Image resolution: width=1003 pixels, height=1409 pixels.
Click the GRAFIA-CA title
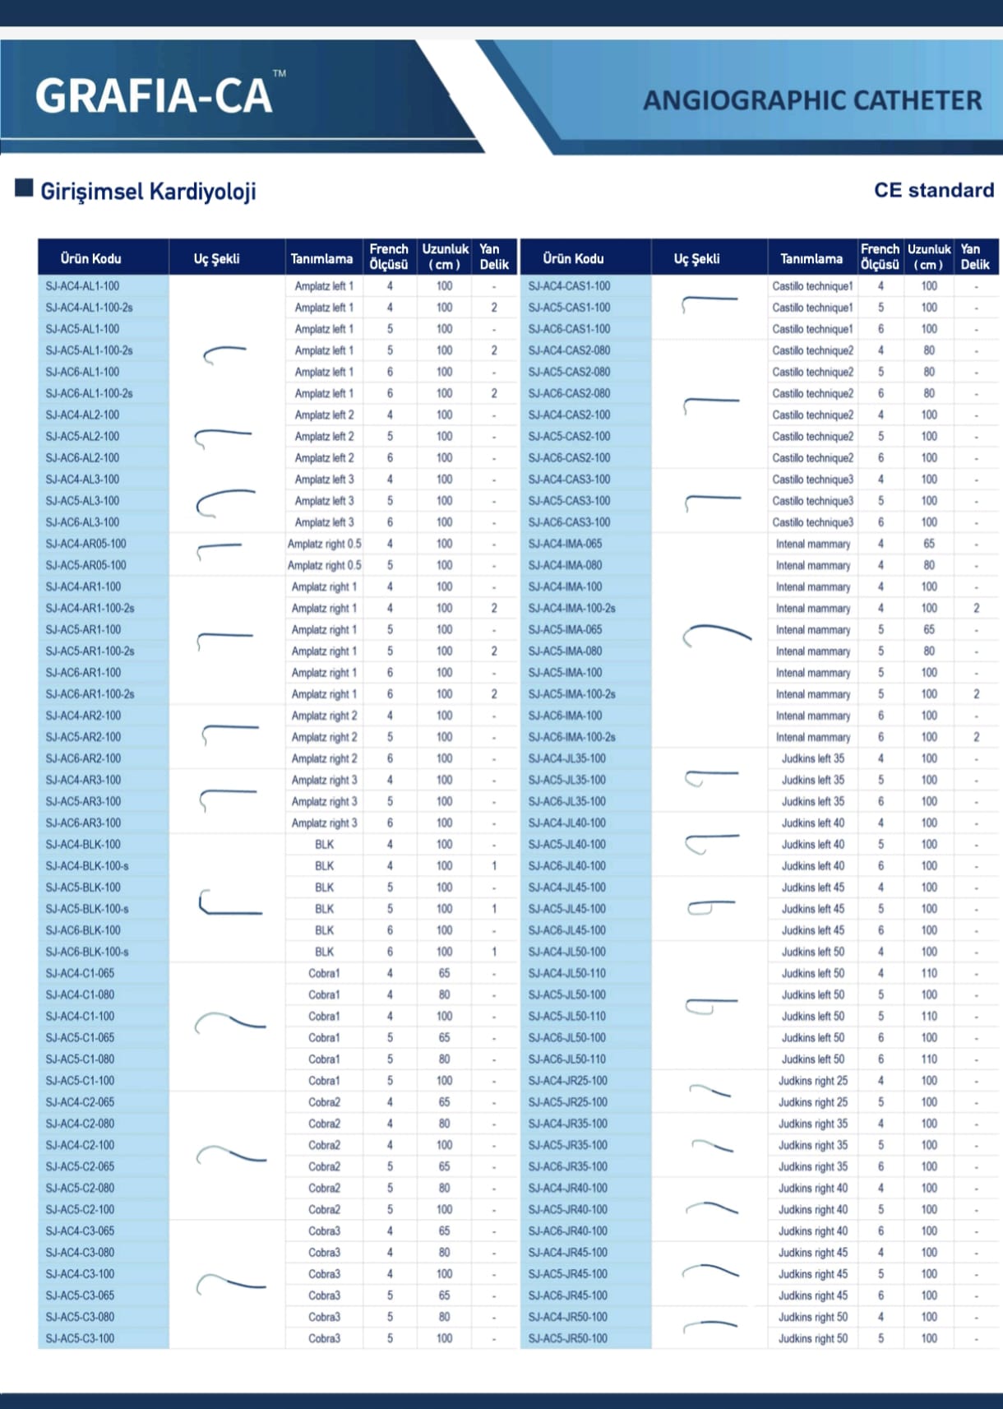(x=154, y=95)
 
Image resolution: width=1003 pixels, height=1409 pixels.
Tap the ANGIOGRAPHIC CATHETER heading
(x=811, y=100)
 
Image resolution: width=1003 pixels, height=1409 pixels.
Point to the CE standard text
(x=933, y=190)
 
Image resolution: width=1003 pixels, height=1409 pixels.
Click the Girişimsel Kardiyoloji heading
(x=148, y=192)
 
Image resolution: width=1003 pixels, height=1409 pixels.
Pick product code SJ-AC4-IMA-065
(x=565, y=544)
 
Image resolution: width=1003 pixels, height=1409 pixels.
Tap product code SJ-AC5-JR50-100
(x=567, y=1338)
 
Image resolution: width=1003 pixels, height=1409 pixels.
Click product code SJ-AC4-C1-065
(x=80, y=973)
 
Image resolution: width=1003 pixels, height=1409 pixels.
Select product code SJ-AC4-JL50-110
(x=566, y=973)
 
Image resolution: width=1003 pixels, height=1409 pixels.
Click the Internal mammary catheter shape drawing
(x=716, y=634)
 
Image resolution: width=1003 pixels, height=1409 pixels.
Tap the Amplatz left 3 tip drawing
(x=224, y=502)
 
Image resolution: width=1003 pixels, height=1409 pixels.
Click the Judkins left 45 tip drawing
(x=710, y=907)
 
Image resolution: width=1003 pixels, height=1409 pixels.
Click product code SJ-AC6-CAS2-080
(x=569, y=393)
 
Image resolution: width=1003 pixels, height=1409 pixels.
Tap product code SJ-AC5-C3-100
(x=80, y=1338)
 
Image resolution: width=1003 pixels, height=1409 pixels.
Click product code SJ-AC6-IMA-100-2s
(x=571, y=737)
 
